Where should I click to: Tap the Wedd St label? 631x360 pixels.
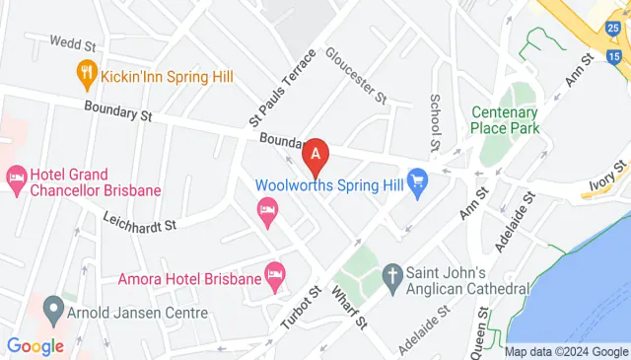(x=74, y=43)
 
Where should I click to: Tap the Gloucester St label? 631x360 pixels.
(x=356, y=75)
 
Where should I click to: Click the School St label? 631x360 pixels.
(x=435, y=121)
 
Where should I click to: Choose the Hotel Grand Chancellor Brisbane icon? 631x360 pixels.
(x=16, y=178)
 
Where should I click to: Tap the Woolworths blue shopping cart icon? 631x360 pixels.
(x=417, y=183)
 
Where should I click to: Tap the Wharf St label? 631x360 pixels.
(x=350, y=307)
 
